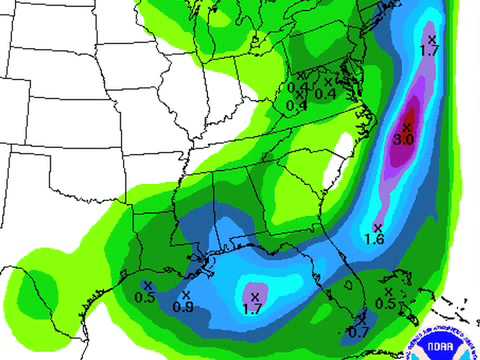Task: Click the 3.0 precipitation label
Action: (x=404, y=140)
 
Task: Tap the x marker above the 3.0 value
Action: (x=406, y=126)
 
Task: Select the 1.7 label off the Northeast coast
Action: (x=431, y=51)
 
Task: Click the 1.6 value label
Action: (x=376, y=240)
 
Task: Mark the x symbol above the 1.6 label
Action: (x=377, y=227)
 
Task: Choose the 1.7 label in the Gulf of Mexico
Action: (x=254, y=310)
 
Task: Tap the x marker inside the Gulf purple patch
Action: (x=254, y=297)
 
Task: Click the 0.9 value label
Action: (x=184, y=307)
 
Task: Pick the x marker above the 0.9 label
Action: (x=186, y=294)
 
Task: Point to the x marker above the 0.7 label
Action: (x=363, y=319)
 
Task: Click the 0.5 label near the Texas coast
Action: (x=145, y=297)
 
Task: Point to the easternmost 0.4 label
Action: (x=325, y=94)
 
